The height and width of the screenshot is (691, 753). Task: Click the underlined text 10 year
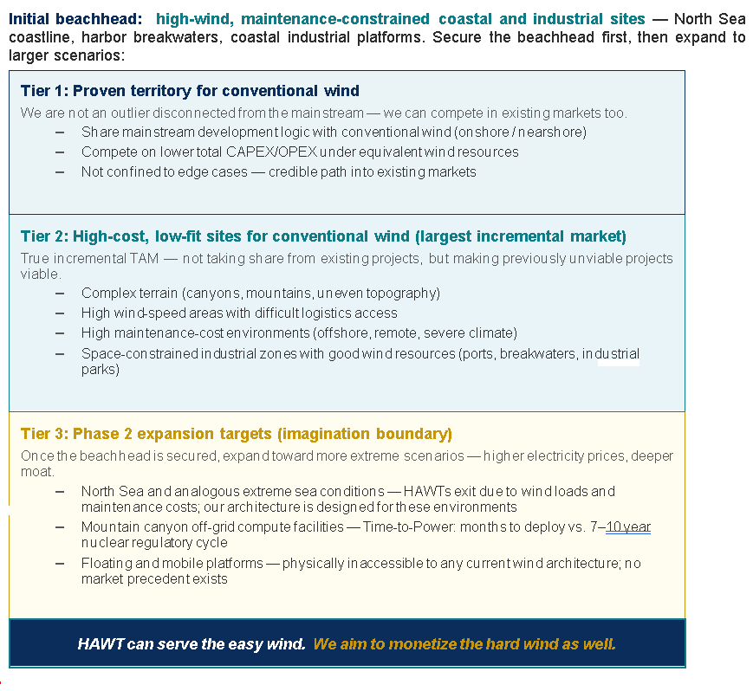[628, 526]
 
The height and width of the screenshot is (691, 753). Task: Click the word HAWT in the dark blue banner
[101, 644]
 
